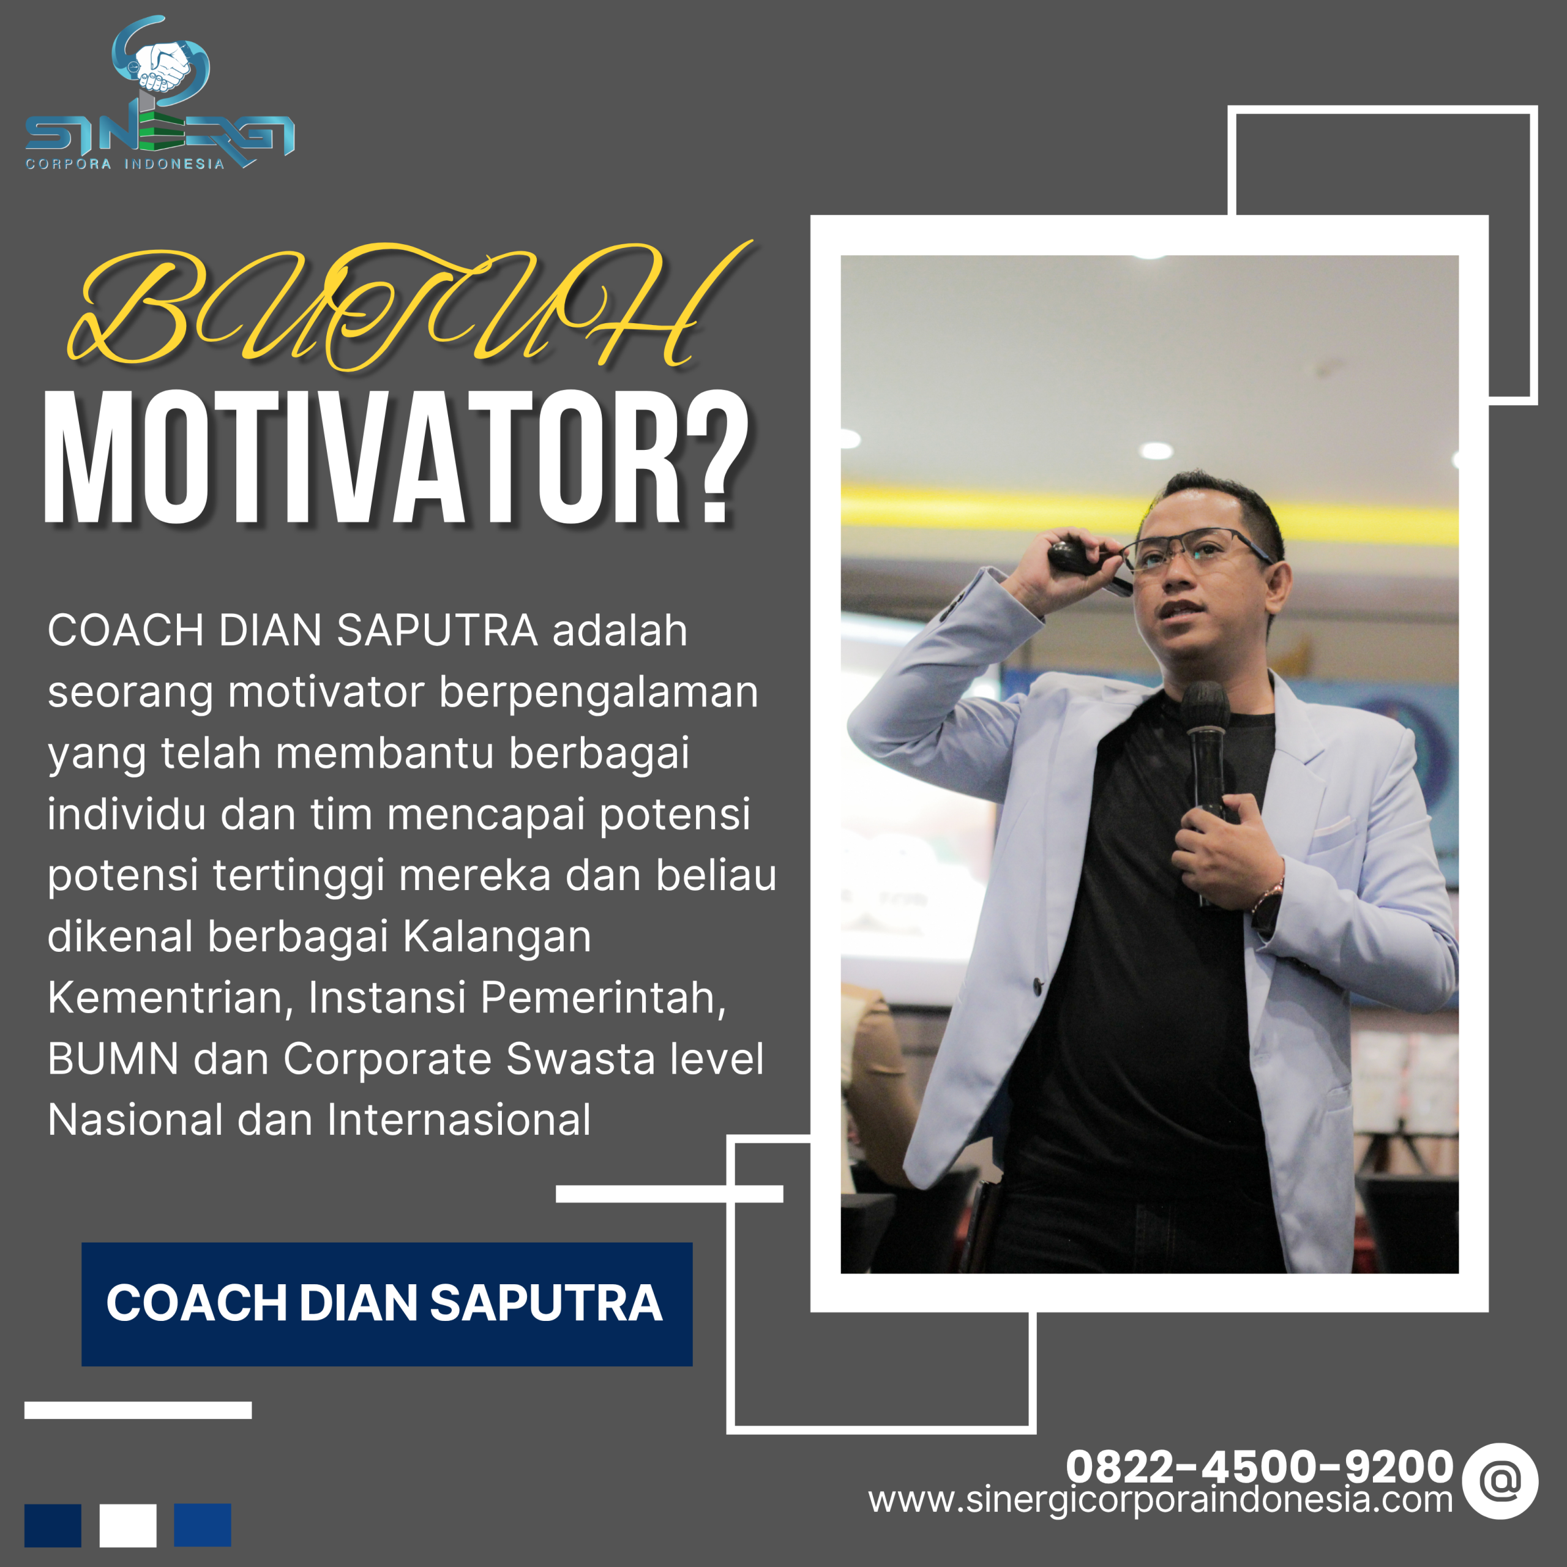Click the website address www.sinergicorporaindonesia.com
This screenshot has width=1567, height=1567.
(1160, 1500)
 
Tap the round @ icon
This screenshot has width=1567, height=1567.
(1500, 1481)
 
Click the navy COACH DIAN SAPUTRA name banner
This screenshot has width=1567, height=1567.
(386, 1303)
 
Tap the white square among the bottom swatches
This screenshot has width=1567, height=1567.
(128, 1525)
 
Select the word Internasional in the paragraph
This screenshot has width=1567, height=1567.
(459, 1120)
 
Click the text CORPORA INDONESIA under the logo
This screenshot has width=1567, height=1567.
(125, 164)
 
